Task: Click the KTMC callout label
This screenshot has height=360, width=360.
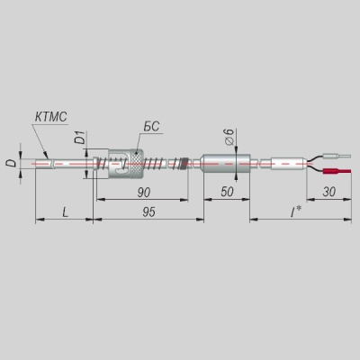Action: [50, 117]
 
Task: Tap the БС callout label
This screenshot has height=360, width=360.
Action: [151, 127]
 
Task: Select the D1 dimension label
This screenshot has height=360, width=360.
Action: [81, 137]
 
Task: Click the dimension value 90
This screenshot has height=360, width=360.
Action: [144, 193]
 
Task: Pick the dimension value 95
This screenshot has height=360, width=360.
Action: [148, 212]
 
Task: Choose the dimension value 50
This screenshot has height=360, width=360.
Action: [227, 192]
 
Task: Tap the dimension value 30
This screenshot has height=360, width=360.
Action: [329, 192]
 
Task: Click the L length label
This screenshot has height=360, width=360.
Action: [65, 212]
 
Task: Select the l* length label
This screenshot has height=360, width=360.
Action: [295, 212]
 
